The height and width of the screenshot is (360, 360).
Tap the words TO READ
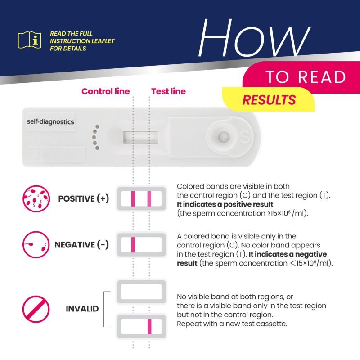[x=306, y=77]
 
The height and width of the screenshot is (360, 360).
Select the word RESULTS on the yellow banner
[x=269, y=100]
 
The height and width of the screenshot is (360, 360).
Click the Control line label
[x=105, y=91]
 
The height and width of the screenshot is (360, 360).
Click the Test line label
[x=168, y=91]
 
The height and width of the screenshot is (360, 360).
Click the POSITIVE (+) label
[x=84, y=198]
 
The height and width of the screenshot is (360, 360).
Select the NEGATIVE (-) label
[x=81, y=245]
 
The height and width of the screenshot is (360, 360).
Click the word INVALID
[x=82, y=309]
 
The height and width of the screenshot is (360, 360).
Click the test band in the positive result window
[x=149, y=198]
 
